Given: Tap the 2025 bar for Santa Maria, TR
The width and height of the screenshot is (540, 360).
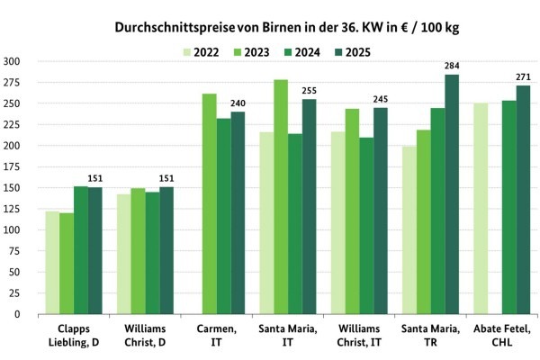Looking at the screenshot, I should pyautogui.click(x=451, y=194).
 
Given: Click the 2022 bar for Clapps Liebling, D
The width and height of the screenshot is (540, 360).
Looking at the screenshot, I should pyautogui.click(x=52, y=263).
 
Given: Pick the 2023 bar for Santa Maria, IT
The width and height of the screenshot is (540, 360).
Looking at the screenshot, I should pyautogui.click(x=281, y=197).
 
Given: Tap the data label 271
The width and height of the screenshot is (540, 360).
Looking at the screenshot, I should pyautogui.click(x=523, y=76).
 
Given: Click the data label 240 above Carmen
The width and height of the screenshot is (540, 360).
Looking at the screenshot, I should pyautogui.click(x=238, y=103).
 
